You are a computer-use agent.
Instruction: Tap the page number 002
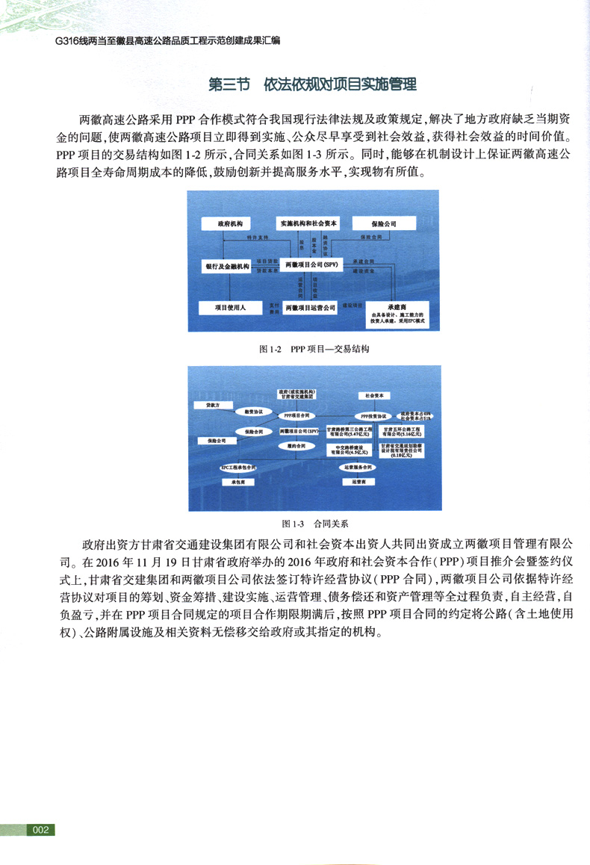coord(40,830)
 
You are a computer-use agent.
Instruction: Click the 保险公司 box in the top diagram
coord(384,223)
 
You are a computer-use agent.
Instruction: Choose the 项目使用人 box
coord(230,307)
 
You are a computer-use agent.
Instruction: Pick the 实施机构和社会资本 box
coord(309,223)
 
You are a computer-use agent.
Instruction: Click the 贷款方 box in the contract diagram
coord(213,405)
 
